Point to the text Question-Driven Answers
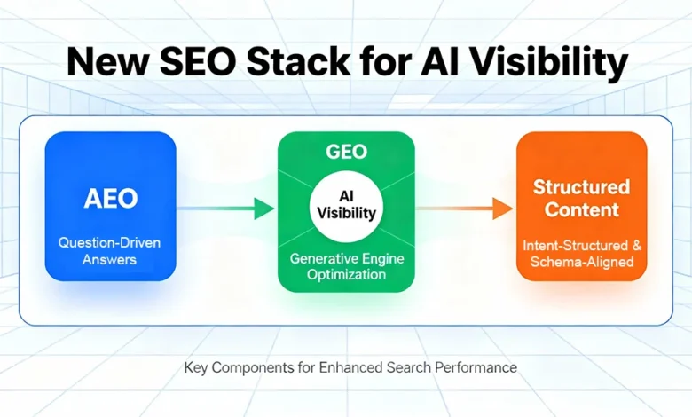point(110,249)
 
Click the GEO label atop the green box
point(345,152)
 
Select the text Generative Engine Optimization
point(346,267)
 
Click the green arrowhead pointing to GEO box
point(263,209)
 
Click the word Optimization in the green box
point(346,276)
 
